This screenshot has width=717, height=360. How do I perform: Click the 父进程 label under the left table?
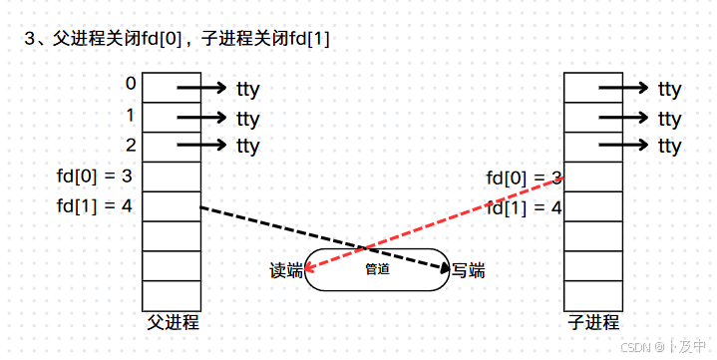click(173, 322)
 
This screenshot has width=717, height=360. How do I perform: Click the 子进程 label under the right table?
click(594, 322)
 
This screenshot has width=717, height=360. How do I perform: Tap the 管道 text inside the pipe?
click(377, 269)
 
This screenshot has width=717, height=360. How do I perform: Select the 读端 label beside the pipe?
click(286, 270)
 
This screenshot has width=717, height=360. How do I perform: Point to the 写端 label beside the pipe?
click(468, 270)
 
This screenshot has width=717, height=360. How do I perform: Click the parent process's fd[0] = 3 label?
click(97, 178)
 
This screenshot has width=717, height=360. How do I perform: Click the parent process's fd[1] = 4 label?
click(97, 207)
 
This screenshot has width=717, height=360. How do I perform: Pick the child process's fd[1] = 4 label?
click(524, 208)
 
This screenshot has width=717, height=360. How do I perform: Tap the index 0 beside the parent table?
click(131, 84)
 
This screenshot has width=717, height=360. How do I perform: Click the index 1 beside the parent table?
click(131, 114)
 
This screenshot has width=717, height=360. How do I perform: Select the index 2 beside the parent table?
click(131, 144)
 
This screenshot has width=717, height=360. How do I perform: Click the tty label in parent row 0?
click(248, 90)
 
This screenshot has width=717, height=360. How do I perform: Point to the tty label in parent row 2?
click(248, 147)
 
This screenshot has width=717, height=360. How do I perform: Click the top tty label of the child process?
click(670, 90)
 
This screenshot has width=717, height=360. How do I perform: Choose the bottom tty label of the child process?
click(670, 147)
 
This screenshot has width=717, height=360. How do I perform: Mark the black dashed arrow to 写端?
click(319, 236)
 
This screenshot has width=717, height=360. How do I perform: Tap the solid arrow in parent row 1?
click(203, 118)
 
